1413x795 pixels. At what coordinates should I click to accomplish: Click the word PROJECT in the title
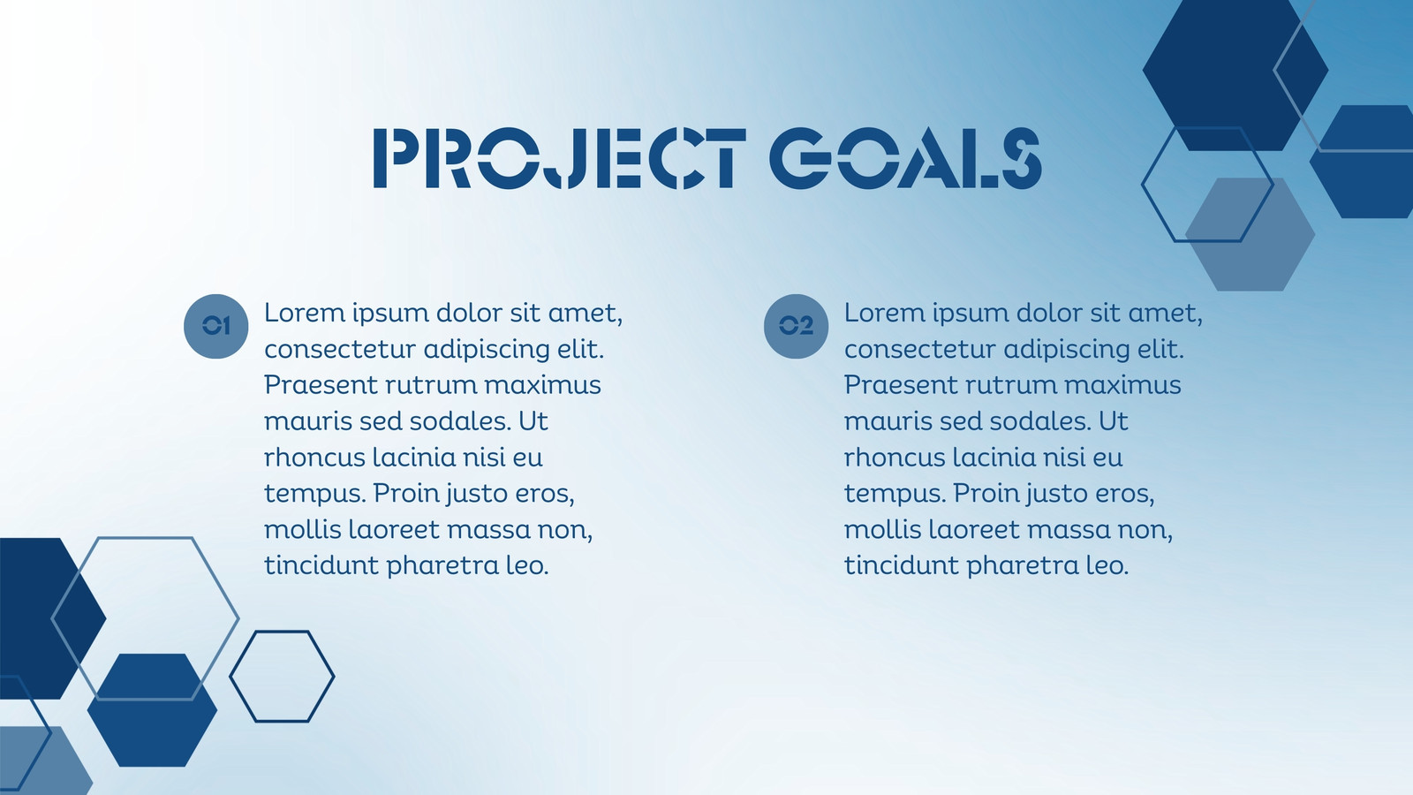560,158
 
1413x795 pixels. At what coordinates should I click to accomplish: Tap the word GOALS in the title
905,158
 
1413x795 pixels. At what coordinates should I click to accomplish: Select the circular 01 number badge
215,326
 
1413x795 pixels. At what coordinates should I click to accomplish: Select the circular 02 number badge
796,326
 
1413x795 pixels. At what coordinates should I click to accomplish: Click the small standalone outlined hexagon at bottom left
230,677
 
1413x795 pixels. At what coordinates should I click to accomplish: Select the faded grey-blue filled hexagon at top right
1251,235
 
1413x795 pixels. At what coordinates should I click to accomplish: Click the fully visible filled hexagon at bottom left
152,710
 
